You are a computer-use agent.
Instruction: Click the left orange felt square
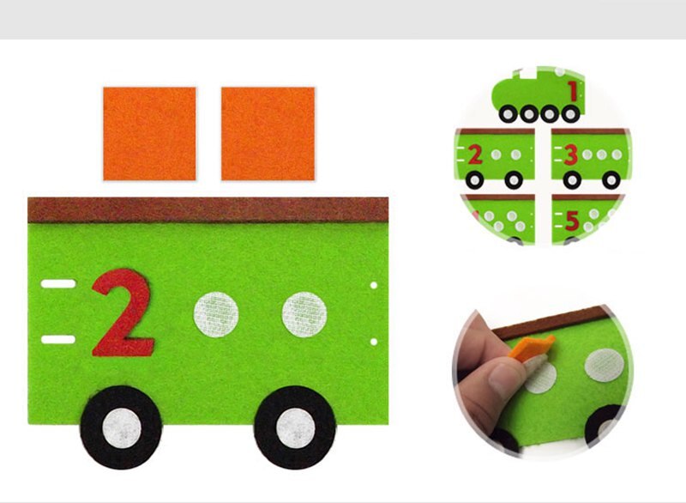(149, 133)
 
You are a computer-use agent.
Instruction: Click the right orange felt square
(268, 133)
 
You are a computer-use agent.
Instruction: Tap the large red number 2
(123, 312)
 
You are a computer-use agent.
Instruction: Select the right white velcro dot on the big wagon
(304, 313)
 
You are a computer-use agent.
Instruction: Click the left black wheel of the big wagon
(121, 427)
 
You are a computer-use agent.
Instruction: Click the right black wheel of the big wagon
(295, 427)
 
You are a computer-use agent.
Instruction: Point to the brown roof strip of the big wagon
(208, 209)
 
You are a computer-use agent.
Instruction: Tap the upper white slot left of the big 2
(58, 283)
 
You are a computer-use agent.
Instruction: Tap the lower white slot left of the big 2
(58, 340)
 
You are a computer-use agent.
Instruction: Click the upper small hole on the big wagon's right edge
(375, 285)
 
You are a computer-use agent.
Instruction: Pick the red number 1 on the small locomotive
(572, 89)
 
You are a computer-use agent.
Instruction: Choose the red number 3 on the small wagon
(570, 155)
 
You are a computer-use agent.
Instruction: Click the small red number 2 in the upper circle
(474, 155)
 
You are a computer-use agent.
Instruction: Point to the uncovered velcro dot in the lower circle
(604, 366)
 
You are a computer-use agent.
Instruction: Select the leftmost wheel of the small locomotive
(508, 113)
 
